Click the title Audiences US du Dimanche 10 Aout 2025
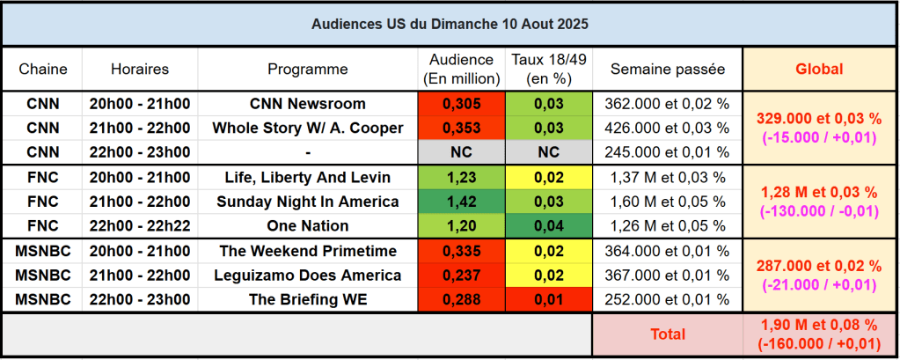pos(450,24)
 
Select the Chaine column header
pos(43,69)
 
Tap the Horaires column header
pos(140,69)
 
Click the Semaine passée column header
pos(668,69)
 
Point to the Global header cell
pos(819,69)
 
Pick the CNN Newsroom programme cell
pos(308,104)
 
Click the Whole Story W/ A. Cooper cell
pos(308,128)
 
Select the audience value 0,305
pos(461,104)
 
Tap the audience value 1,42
pos(461,201)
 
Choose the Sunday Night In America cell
pos(308,201)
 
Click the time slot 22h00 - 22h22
pos(140,224)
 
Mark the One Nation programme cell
pos(308,224)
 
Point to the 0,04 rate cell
pos(549,224)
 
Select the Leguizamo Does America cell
pos(308,275)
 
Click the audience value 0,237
pos(461,275)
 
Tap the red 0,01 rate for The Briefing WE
pos(549,299)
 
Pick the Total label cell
pos(668,334)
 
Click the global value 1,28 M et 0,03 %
pos(819,192)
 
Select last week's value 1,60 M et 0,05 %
pos(668,201)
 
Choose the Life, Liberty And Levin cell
pos(308,176)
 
